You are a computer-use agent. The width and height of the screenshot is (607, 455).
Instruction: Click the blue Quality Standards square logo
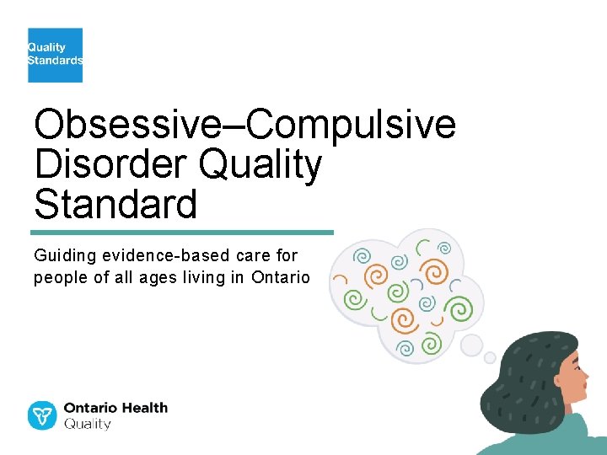(x=55, y=55)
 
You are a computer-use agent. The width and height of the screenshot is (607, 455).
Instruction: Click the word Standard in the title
(x=115, y=204)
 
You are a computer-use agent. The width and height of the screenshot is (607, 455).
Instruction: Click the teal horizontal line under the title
(x=182, y=232)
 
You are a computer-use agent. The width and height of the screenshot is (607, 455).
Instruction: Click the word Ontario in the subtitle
(x=280, y=277)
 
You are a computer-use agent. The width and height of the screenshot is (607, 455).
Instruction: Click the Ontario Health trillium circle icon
(x=42, y=415)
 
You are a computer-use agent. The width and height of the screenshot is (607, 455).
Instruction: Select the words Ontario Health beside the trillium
(x=116, y=408)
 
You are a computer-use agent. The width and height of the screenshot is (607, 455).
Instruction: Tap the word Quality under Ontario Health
(x=88, y=425)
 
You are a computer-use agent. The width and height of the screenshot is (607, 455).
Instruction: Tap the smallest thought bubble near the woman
(x=490, y=357)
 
